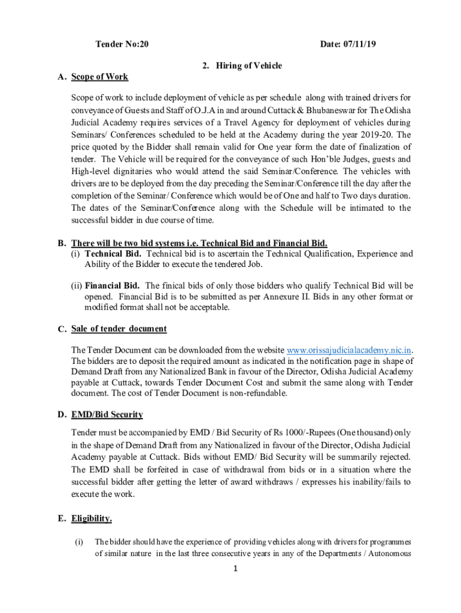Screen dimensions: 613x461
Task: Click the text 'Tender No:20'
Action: point(122,45)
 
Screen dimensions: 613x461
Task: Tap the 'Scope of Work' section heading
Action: point(99,77)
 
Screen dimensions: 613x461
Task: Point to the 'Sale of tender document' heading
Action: point(119,329)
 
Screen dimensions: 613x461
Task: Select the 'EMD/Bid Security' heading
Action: point(107,414)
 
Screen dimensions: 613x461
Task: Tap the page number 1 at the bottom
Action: point(237,569)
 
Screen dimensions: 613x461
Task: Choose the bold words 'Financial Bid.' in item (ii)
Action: point(113,286)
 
